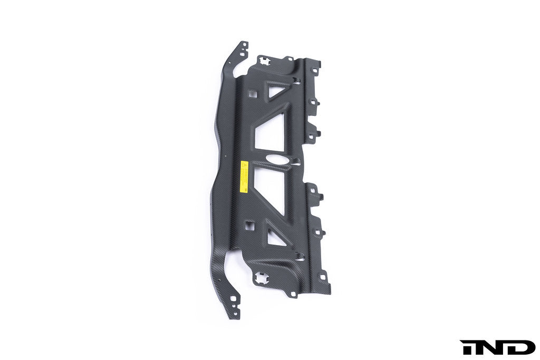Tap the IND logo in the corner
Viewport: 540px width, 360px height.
(497, 347)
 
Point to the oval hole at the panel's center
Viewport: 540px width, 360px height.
(278, 161)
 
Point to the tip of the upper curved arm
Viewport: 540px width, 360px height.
(243, 45)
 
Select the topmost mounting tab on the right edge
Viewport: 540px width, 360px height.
(316, 69)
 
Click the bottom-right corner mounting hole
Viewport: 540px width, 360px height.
(324, 278)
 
